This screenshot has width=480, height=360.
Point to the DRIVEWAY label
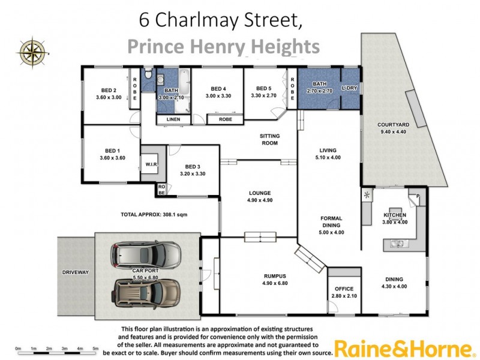[75, 272]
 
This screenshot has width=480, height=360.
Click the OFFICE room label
[344, 289]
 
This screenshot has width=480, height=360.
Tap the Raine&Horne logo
[401, 347]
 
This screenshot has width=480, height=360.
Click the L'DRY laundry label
[349, 88]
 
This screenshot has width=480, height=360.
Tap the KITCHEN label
[395, 215]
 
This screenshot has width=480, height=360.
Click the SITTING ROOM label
[269, 140]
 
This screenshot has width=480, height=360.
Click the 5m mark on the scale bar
[95, 348]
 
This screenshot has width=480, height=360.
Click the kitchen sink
[397, 243]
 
